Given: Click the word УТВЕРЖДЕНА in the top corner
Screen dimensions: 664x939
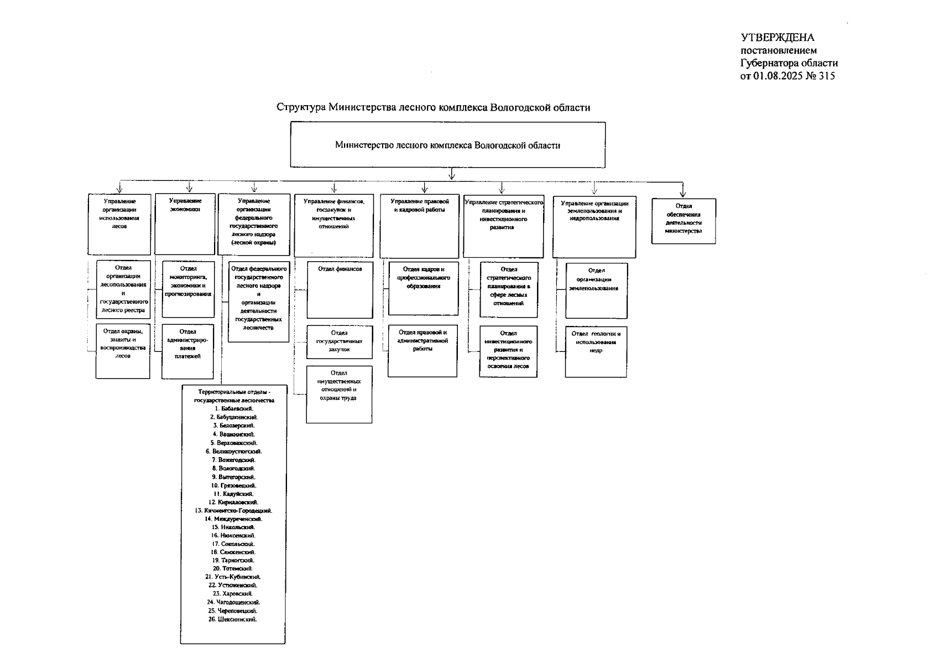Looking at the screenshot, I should (778, 38).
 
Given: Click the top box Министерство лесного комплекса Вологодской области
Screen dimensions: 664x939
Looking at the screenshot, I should (447, 145).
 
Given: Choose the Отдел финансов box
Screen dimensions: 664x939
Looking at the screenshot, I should (340, 289).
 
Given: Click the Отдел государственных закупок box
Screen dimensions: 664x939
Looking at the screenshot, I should (339, 341).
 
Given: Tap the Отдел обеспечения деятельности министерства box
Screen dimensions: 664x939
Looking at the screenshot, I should (683, 221).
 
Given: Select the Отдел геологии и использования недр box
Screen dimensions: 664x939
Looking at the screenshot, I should (596, 351).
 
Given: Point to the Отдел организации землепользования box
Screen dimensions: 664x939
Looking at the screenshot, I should (596, 290).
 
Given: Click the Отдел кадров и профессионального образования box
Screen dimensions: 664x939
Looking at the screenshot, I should (423, 288).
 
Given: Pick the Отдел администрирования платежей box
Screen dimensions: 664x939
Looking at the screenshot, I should (187, 351).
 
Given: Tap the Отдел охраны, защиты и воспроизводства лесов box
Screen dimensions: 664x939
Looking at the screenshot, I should (123, 351).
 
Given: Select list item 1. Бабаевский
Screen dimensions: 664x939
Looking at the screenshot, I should (234, 408).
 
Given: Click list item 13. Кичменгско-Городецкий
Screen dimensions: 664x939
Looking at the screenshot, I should (234, 510).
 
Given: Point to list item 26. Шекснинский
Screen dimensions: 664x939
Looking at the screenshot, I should (233, 619).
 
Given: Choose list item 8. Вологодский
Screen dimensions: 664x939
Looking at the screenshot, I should (233, 468).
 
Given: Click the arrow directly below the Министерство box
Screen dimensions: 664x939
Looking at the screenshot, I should (452, 174).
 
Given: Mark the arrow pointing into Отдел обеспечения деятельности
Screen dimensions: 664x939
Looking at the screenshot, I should (683, 190).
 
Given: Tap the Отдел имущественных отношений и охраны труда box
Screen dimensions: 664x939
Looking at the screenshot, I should (339, 394).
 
